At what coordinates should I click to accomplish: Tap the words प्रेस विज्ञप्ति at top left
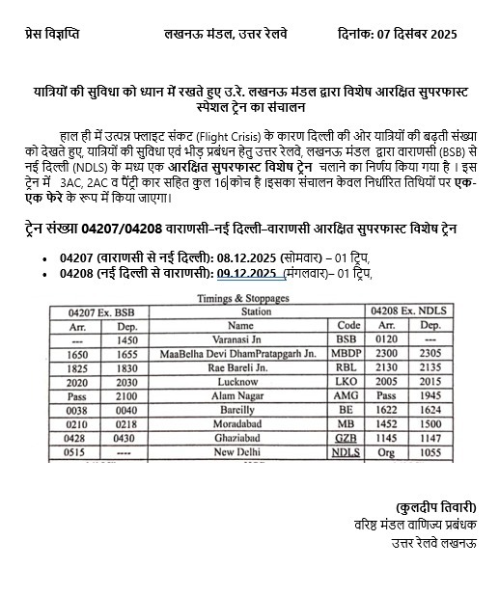coord(52,33)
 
